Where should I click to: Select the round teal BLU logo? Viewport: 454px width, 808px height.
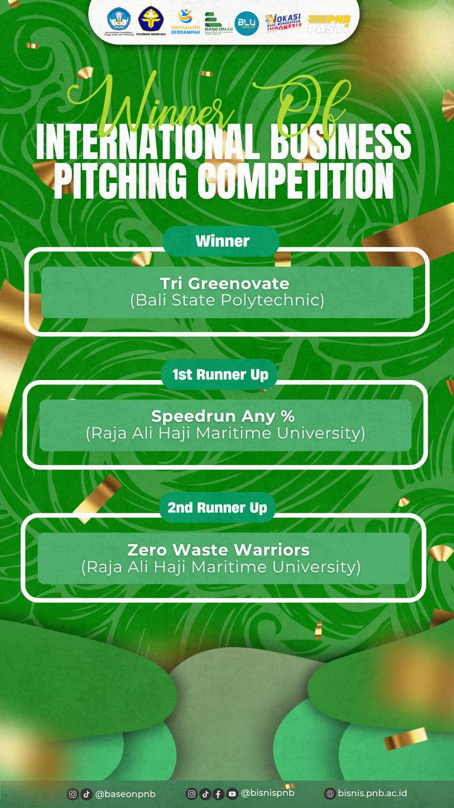point(247,23)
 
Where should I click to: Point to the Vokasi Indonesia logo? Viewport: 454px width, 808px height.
point(282,23)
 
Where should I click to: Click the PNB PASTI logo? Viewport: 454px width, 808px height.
point(328,23)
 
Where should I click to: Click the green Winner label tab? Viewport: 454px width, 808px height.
point(222,241)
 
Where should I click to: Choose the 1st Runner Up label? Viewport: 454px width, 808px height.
point(220,374)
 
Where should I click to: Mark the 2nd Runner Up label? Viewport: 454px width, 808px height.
point(217,508)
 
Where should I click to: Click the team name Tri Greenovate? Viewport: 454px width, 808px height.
point(224,283)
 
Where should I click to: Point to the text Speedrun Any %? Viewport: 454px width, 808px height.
point(223,416)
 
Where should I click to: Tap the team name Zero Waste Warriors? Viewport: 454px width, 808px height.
point(219,549)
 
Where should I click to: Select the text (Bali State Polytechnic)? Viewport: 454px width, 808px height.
point(227,300)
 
